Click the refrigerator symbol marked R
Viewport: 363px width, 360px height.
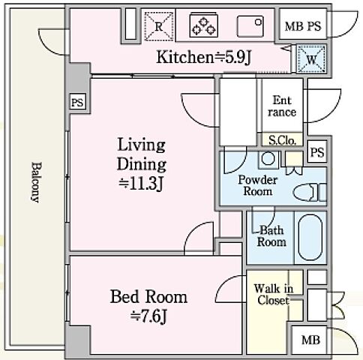(x=159, y=26)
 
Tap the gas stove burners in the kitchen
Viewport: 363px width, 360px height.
(x=204, y=25)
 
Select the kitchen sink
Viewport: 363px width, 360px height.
(x=250, y=26)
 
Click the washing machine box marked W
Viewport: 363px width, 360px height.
(x=311, y=59)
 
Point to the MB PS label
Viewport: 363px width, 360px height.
(x=303, y=26)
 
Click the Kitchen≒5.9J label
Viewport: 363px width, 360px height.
(x=203, y=57)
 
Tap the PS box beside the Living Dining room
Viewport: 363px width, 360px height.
(x=77, y=102)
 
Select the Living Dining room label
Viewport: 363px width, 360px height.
(x=142, y=164)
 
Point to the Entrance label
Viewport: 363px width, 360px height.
(x=282, y=106)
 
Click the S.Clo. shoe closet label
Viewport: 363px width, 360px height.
(x=282, y=140)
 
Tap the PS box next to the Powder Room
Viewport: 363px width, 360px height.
(x=317, y=152)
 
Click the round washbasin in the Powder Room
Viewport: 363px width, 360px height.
(x=268, y=158)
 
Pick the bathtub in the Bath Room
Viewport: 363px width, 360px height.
(x=310, y=238)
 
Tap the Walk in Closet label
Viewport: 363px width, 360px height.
(x=274, y=295)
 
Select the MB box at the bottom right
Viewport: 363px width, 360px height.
(x=310, y=340)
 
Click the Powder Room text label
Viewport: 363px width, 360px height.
(x=258, y=186)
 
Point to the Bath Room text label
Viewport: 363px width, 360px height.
(x=271, y=236)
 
